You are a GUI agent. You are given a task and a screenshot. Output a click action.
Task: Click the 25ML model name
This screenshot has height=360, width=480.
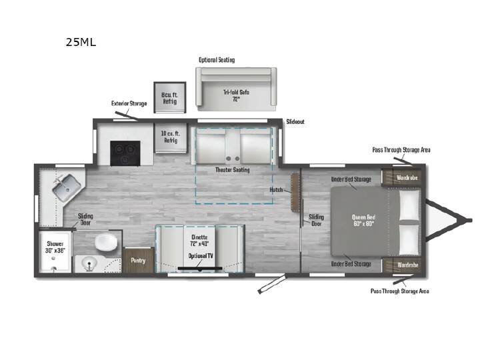click(x=81, y=42)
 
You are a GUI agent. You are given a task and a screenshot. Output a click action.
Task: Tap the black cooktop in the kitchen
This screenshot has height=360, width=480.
click(x=125, y=153)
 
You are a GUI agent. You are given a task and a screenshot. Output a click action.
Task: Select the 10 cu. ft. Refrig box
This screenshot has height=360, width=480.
click(x=171, y=137)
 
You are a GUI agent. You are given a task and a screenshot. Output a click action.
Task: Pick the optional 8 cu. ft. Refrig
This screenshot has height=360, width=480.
click(x=170, y=97)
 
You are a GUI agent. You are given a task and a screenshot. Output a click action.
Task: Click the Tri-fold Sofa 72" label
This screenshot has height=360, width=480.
click(x=236, y=95)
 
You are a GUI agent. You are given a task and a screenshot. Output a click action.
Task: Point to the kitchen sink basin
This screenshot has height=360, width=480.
click(x=67, y=187)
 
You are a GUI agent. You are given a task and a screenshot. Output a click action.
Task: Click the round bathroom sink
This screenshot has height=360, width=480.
click(x=89, y=263)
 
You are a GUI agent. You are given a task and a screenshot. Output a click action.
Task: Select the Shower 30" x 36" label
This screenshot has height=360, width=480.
click(x=55, y=247)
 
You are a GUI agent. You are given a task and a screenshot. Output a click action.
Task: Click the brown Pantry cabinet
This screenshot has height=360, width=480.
click(x=138, y=260)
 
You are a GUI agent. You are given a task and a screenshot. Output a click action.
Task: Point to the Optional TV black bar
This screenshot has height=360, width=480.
click(x=200, y=269)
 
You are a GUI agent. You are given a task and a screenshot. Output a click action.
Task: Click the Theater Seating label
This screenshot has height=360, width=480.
click(x=233, y=170)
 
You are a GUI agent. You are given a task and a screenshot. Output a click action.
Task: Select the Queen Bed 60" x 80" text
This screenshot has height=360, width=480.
click(x=363, y=221)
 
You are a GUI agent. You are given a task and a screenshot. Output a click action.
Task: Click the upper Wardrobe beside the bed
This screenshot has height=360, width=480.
click(x=403, y=177)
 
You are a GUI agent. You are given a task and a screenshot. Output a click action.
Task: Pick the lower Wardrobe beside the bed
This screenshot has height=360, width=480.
click(x=403, y=265)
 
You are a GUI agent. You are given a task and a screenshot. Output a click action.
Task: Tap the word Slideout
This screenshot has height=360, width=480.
click(x=295, y=122)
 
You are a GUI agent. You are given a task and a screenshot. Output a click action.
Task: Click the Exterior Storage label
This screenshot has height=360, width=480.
click(x=129, y=103)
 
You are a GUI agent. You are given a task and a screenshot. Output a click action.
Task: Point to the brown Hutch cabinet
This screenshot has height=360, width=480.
click(x=295, y=193)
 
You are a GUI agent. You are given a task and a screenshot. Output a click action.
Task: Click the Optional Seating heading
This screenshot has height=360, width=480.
click(x=217, y=60)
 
